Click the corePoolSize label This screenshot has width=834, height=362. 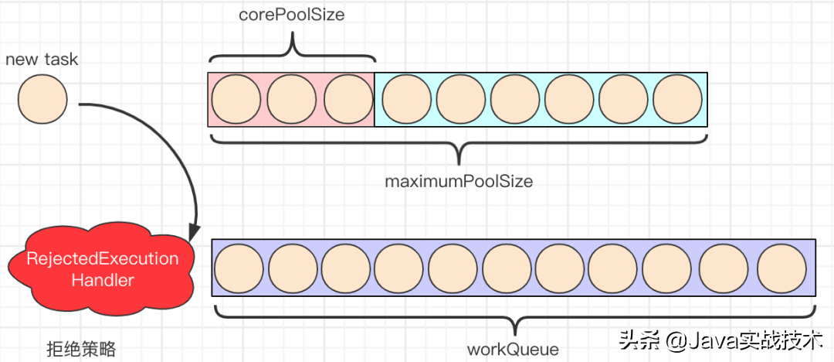pos(292,15)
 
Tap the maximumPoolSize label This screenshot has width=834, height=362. pos(459,182)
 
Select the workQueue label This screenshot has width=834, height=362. pos(513,349)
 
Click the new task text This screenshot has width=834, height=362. pos(42,59)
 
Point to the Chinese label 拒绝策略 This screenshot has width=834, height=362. pos(81,349)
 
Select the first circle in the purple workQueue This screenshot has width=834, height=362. pos(239,268)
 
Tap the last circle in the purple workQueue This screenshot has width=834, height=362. pos(781,268)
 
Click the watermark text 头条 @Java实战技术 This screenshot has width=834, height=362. pos(719,341)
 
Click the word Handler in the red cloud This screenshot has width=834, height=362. pos(103,280)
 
